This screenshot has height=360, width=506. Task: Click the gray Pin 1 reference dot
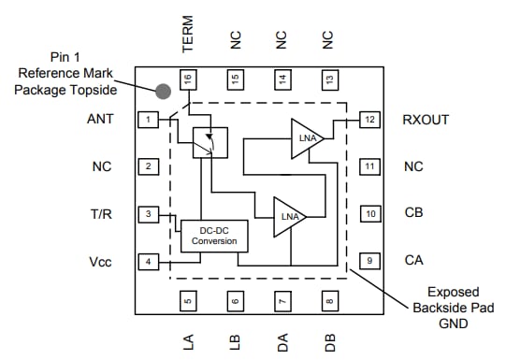pyautogui.click(x=163, y=91)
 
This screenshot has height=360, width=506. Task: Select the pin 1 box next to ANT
pyautogui.click(x=147, y=120)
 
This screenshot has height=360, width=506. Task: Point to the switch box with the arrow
pyautogui.click(x=210, y=142)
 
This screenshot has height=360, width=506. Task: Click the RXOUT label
pyautogui.click(x=426, y=120)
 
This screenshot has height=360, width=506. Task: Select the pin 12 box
pyautogui.click(x=370, y=120)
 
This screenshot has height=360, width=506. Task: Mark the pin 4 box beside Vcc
pyautogui.click(x=147, y=261)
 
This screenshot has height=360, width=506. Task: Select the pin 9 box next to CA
pyautogui.click(x=370, y=261)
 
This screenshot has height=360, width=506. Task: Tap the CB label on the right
pyautogui.click(x=413, y=213)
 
